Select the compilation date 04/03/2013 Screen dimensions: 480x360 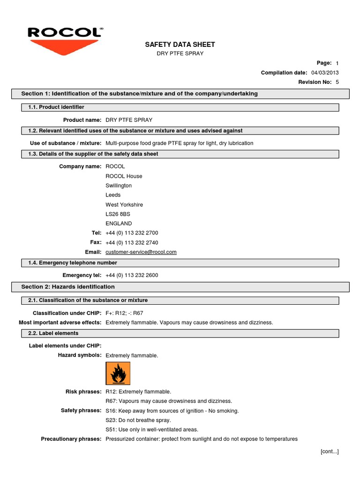[325, 73]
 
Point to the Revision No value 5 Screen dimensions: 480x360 [337, 82]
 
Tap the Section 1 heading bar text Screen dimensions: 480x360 [139, 94]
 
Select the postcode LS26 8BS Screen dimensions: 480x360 [118, 214]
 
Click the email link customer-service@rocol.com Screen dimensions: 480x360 [141, 252]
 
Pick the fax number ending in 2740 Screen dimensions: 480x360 [132, 243]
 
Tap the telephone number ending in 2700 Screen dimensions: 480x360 [132, 233]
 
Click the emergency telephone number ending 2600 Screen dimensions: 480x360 [132, 275]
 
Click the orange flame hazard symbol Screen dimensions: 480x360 [118, 374]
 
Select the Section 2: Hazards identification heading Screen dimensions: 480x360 [68, 286]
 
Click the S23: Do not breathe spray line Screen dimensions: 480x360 [138, 420]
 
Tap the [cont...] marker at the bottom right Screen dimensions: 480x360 [329, 451]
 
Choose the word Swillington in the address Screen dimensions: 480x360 [119, 186]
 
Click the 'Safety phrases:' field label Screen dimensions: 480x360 [81, 411]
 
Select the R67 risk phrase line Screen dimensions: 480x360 [169, 401]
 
